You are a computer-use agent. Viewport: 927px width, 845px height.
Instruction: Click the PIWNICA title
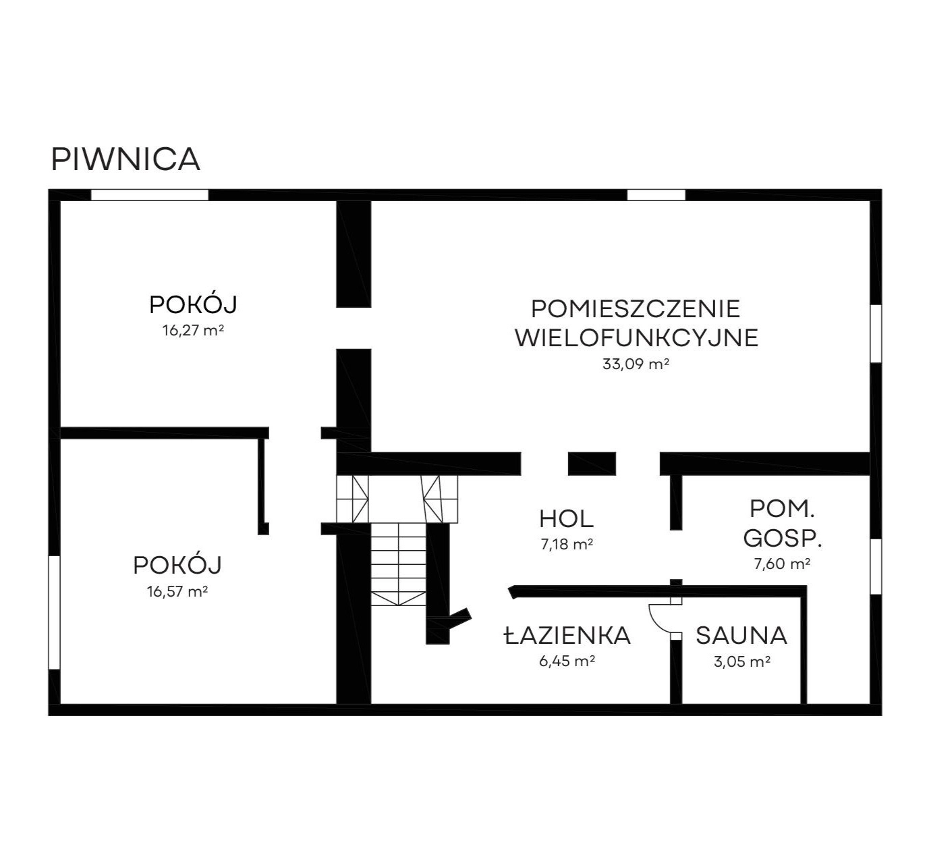pos(125,159)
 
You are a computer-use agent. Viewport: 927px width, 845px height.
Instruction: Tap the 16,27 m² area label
pos(193,330)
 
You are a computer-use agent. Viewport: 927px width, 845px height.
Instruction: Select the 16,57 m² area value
pos(177,591)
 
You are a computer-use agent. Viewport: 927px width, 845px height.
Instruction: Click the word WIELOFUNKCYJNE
pos(636,337)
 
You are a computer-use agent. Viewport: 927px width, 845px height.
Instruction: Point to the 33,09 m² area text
pos(636,364)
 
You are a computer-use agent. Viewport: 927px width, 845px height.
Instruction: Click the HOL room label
pos(566,519)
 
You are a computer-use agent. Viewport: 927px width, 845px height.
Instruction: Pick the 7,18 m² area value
pos(567,545)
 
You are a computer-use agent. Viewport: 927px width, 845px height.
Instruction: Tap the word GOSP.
pos(783,539)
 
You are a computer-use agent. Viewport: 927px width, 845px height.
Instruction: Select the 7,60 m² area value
pos(782,564)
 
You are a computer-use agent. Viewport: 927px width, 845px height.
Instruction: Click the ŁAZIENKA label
pos(567,635)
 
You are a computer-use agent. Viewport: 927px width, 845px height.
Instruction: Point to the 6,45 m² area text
pos(567,661)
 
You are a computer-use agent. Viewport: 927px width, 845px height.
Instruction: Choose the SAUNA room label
pos(741,636)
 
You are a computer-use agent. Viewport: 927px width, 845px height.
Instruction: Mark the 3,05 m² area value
pos(741,661)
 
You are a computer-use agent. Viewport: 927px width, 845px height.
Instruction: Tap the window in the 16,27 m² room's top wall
pos(149,195)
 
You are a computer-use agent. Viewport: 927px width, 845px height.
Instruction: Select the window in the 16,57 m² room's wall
pos(55,612)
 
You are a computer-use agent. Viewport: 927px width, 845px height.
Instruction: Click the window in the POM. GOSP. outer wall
pos(876,566)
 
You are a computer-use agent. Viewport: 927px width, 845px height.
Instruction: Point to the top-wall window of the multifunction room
pos(656,195)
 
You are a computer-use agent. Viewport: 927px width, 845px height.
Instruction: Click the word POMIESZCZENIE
pos(636,309)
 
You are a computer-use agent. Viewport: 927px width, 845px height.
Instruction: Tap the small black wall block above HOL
pos(592,464)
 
